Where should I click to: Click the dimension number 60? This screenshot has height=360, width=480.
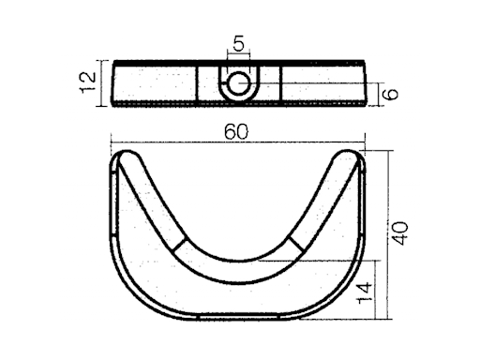tap(236, 131)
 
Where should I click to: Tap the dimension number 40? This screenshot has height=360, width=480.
tap(399, 233)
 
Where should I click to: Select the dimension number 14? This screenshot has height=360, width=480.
tap(365, 292)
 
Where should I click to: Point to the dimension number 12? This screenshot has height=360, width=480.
tap(88, 82)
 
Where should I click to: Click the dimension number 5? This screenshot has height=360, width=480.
tap(238, 43)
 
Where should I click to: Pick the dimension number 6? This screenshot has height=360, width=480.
tap(391, 94)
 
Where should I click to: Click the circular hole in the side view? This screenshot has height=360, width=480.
tap(238, 83)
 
